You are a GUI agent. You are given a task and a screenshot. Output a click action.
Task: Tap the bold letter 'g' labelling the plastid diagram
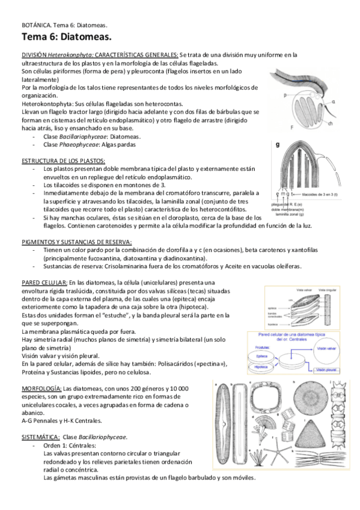pyautogui.click(x=277, y=145)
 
